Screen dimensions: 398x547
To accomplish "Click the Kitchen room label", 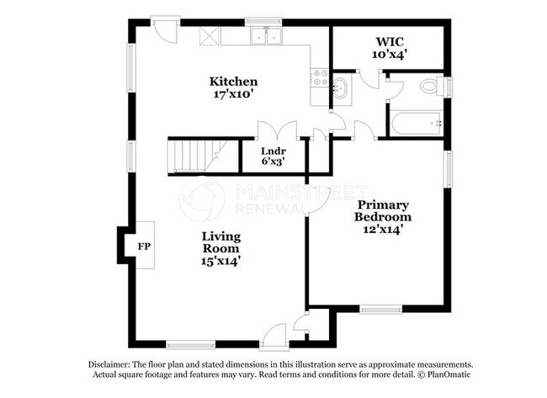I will [x=233, y=82].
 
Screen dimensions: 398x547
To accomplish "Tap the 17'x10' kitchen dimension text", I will [x=233, y=95].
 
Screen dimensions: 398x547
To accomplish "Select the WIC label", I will [x=390, y=41].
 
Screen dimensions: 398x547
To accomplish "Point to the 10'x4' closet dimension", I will [x=390, y=54].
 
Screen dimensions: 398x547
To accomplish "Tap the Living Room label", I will [x=220, y=242].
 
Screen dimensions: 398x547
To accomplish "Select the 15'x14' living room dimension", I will [x=220, y=262].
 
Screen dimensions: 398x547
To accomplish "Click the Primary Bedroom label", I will [x=383, y=211].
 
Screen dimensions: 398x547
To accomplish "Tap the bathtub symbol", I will [x=415, y=124].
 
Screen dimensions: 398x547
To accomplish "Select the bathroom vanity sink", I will [x=340, y=88].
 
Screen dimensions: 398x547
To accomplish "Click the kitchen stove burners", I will [x=320, y=78].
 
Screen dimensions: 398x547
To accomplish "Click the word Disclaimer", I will [x=112, y=364].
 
